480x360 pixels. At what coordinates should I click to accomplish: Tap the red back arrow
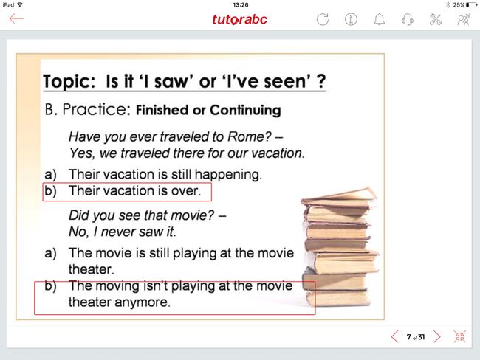point(16,18)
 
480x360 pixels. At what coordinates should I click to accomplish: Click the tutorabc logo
point(239,19)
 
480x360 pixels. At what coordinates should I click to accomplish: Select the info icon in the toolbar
point(351,19)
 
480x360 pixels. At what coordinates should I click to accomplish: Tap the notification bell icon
point(380,20)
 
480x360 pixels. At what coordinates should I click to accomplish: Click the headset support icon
point(408,20)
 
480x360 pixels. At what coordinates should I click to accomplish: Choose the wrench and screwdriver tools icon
point(436,20)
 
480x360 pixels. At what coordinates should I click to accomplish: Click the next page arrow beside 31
point(437,336)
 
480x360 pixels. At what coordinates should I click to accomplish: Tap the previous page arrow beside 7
point(395,336)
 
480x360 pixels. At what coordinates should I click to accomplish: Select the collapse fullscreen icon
point(460,336)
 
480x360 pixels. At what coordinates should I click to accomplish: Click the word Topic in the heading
point(69,82)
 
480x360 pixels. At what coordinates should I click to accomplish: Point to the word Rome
point(249,136)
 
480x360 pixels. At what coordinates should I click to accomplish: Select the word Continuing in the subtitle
point(245,111)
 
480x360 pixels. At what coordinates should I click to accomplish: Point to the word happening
point(228,175)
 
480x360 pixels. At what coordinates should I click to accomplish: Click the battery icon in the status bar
point(471,5)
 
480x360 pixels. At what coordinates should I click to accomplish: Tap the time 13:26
point(240,5)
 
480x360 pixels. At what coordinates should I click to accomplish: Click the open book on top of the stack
point(339,196)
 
